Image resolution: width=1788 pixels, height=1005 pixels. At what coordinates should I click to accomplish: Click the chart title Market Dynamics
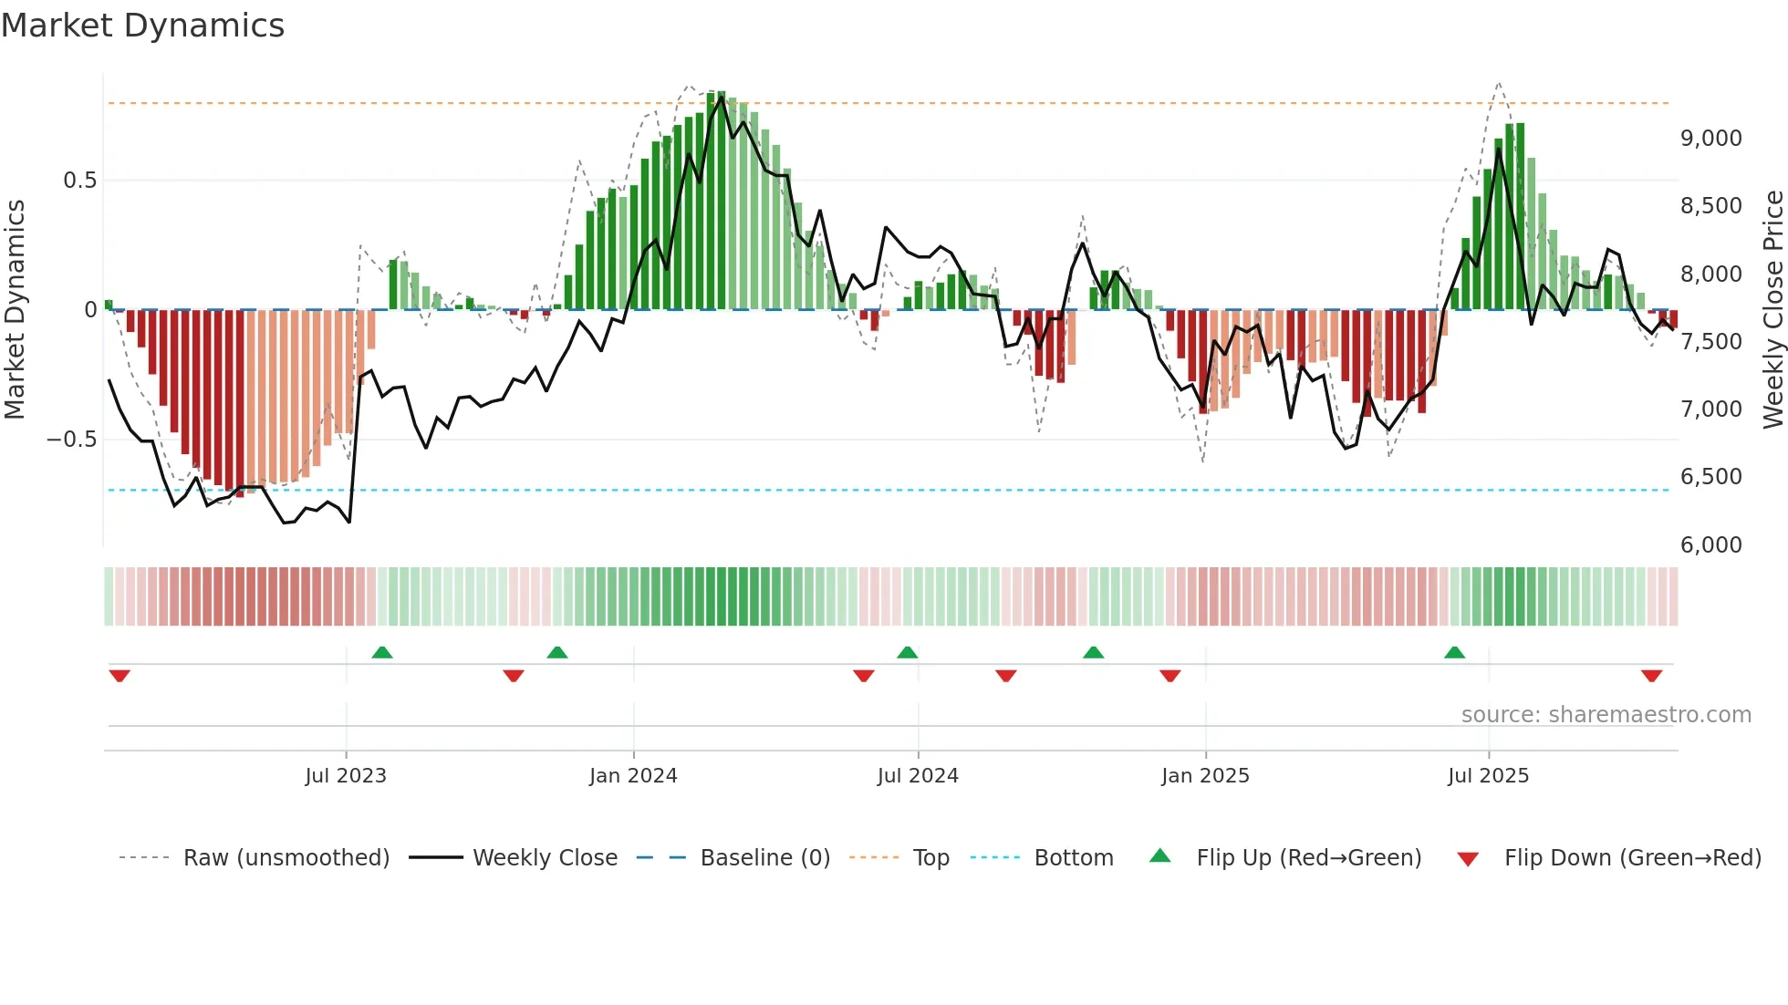coord(142,26)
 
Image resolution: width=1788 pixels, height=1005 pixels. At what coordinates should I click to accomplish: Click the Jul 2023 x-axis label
coord(346,776)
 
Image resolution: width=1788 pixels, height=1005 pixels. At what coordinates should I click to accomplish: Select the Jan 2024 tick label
coord(633,776)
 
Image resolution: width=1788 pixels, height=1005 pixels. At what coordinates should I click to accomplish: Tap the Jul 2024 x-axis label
coord(918,776)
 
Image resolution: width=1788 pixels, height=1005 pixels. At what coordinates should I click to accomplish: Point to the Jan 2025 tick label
coord(1205,776)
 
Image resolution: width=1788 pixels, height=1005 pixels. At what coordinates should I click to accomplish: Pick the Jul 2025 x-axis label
coord(1488,776)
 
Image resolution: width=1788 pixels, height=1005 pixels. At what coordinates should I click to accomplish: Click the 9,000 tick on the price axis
coord(1710,139)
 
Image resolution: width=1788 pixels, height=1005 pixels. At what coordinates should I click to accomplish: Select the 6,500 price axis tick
coord(1710,477)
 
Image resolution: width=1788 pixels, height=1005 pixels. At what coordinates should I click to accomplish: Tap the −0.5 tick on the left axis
coord(71,440)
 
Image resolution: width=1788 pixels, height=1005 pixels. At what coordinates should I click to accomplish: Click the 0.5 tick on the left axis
coord(79,181)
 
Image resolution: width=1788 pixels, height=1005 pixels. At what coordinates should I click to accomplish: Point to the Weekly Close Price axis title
coord(1772,310)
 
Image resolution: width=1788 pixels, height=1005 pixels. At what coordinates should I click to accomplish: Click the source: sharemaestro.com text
coord(1606,715)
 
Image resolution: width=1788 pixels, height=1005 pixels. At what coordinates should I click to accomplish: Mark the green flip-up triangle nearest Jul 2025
coord(1454,653)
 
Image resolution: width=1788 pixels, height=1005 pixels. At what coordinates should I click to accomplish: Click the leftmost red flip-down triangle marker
coord(120,676)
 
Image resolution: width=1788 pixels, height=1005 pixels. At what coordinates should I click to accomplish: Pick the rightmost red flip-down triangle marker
coord(1651,676)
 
